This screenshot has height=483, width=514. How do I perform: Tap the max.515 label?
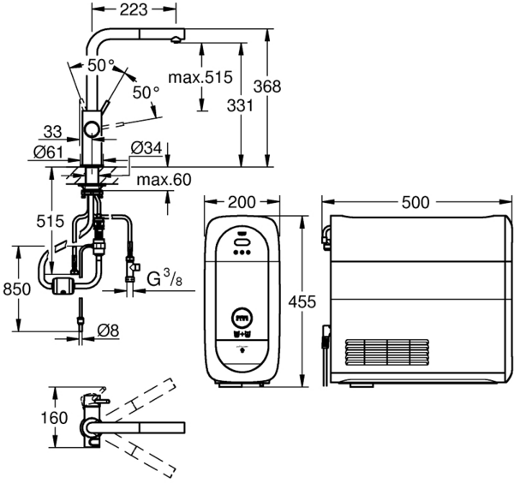pos(200,78)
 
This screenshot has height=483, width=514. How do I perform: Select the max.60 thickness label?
pos(164,180)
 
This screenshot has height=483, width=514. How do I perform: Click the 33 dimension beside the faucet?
pos(53,132)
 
